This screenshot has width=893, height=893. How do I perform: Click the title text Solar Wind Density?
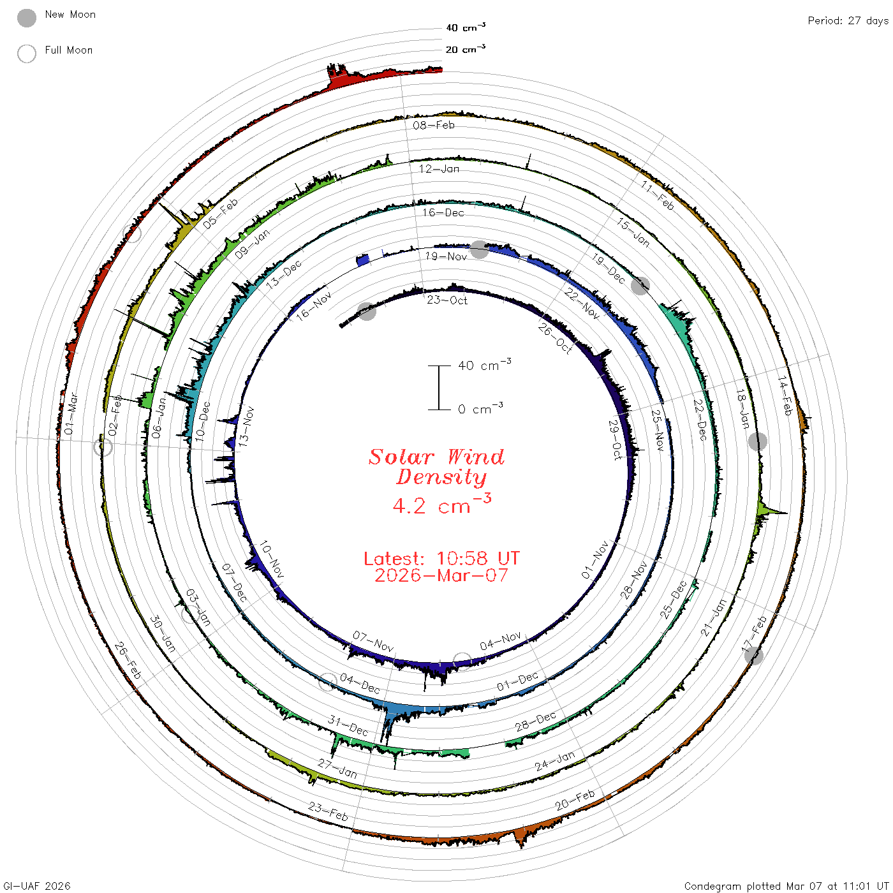[x=436, y=467]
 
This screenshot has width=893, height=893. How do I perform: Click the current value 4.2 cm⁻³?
[x=441, y=504]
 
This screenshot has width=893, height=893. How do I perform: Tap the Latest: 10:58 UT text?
[x=441, y=558]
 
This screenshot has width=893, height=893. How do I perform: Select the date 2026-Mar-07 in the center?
[x=441, y=575]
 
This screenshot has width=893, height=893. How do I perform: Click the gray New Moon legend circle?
[x=27, y=18]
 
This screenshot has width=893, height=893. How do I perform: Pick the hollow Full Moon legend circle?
[x=27, y=54]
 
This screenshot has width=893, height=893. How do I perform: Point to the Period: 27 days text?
[x=848, y=21]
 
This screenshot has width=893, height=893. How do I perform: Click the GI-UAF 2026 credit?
[x=36, y=886]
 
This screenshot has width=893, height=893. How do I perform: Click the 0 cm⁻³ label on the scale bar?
[x=480, y=408]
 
